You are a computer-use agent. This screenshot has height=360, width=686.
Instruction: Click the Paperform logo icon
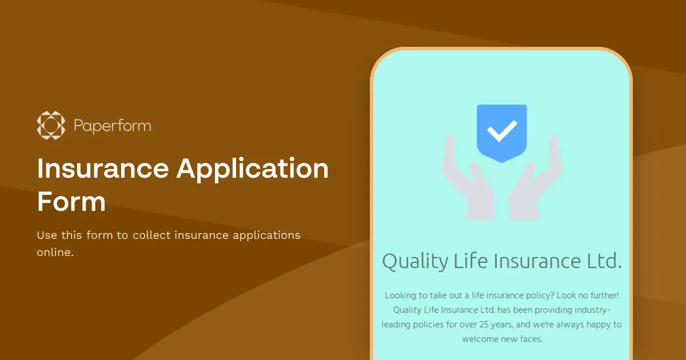(x=51, y=125)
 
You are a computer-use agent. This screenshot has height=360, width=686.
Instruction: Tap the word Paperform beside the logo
(x=113, y=126)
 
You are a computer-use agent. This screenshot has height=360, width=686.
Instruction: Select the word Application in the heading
(x=253, y=168)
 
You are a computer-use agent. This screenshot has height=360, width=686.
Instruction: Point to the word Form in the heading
(x=71, y=202)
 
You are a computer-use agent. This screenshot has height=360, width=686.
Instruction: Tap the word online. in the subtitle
(x=55, y=252)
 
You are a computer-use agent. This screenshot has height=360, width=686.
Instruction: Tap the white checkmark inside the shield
(x=501, y=131)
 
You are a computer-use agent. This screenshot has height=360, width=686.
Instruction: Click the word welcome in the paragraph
(x=481, y=339)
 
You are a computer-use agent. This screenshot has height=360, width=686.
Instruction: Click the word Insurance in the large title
(x=529, y=261)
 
